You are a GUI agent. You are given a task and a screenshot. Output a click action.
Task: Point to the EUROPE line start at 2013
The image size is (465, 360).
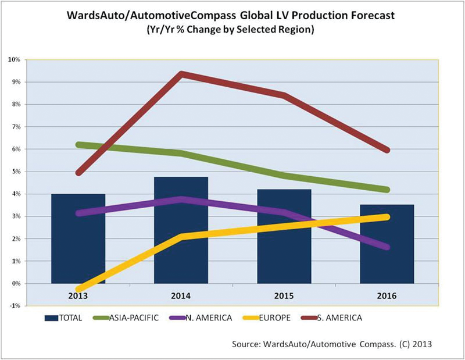coord(78,288)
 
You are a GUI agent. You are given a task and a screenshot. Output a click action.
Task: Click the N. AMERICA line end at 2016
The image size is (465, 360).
coord(387,247)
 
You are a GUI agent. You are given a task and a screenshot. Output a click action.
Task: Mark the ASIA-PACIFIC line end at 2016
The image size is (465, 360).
coord(387,190)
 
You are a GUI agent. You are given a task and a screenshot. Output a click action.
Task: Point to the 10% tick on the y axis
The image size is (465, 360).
coord(14,60)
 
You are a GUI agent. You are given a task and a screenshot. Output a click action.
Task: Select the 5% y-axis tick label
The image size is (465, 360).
coord(15,172)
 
